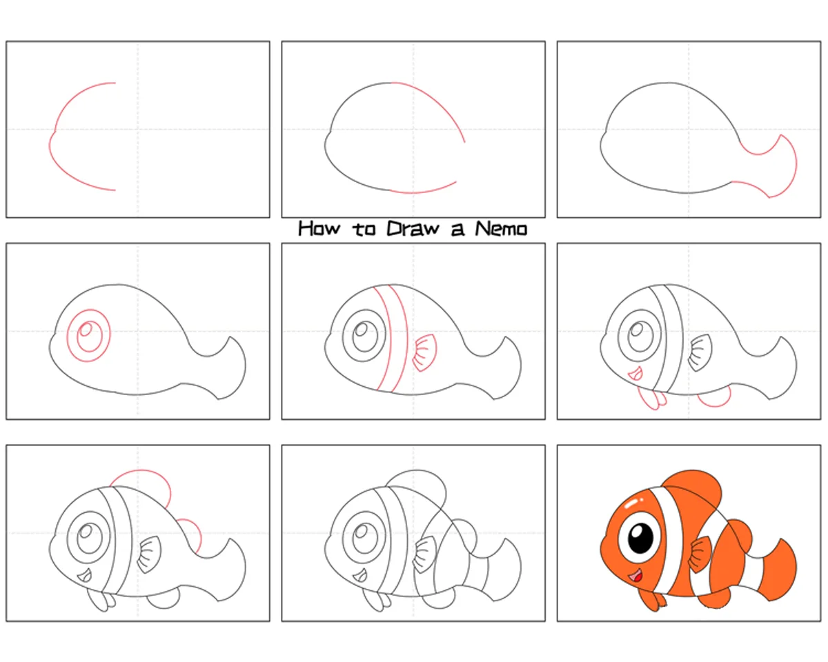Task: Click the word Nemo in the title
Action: click(x=501, y=229)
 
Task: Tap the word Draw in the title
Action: click(x=413, y=229)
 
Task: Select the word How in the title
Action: click(x=319, y=228)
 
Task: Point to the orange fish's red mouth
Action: click(x=636, y=576)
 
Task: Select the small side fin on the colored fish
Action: click(x=700, y=554)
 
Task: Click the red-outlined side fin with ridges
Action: click(x=425, y=352)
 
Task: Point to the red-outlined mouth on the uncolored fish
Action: click(x=635, y=374)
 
